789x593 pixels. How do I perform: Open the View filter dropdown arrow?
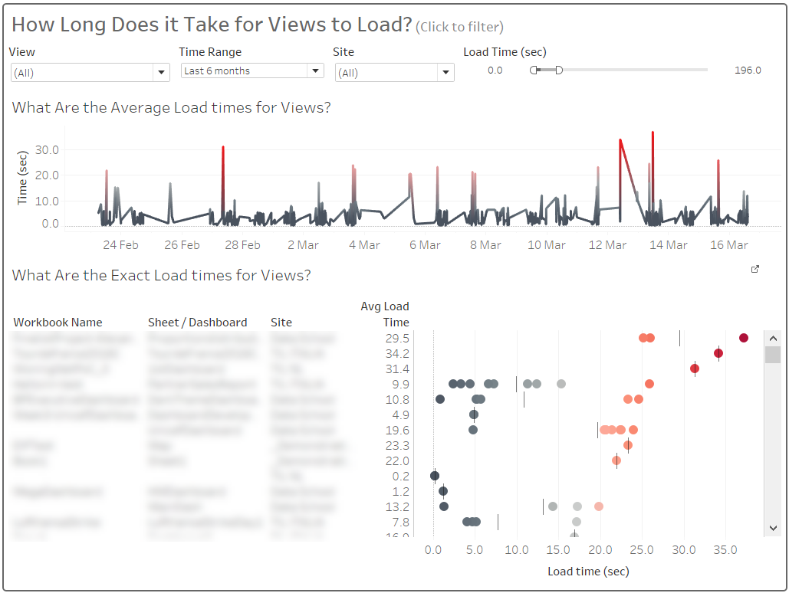point(161,73)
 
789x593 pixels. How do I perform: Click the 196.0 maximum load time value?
point(747,70)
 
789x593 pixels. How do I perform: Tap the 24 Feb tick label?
point(120,245)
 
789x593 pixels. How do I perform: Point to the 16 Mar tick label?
point(728,245)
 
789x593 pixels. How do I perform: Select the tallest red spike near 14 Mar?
point(653,134)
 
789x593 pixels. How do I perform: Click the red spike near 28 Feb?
point(223,148)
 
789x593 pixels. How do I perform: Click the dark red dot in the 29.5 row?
point(743,338)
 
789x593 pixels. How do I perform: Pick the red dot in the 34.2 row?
point(718,353)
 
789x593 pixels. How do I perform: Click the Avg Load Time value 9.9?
point(400,384)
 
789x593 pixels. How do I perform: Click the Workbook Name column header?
point(58,323)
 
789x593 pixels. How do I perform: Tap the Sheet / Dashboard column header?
point(197,323)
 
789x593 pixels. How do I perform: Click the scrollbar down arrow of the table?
point(773,528)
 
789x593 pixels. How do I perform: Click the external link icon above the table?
point(755,269)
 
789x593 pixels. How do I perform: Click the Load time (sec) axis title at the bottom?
point(588,572)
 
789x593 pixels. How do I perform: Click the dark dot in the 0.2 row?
point(435,476)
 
